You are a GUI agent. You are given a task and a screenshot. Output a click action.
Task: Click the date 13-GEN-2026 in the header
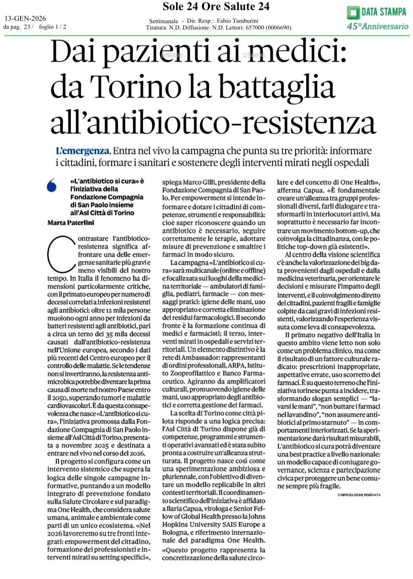25,19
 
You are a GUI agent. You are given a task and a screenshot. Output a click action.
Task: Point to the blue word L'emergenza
83,151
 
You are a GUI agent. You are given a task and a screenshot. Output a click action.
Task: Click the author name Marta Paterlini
71,222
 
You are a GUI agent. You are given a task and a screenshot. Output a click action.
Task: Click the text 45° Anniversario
378,26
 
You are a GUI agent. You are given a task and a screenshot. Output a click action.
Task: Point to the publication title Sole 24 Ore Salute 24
216,6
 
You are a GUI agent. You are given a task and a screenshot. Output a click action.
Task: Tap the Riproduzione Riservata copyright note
359,495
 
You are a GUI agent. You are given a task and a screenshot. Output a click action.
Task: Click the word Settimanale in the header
163,21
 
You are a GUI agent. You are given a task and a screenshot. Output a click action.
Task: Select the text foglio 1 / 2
53,27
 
